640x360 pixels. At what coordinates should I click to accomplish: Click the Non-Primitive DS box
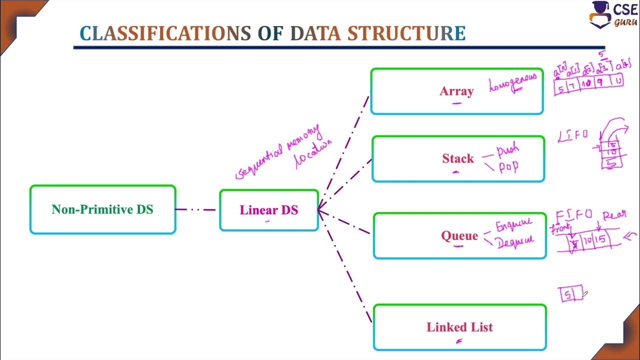pos(102,209)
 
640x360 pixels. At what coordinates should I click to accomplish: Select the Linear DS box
pos(268,210)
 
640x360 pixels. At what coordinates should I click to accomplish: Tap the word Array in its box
pos(456,91)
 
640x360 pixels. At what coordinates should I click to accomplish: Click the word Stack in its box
pos(457,159)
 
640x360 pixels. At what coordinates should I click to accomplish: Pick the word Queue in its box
pos(459,236)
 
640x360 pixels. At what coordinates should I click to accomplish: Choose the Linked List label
pos(459,327)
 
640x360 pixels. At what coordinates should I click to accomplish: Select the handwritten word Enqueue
pos(513,225)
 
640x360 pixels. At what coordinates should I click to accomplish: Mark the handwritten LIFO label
pos(572,135)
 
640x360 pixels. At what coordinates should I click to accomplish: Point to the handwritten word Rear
pos(614,215)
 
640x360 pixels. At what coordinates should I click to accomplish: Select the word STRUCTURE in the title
pos(406,33)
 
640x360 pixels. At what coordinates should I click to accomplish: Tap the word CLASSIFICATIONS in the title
pos(165,33)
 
